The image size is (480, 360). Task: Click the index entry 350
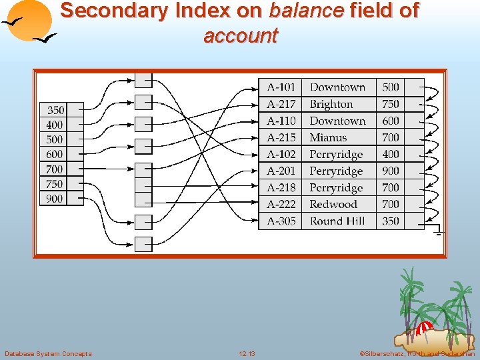point(55,110)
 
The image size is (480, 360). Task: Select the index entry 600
point(55,155)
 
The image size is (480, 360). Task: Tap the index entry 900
point(55,199)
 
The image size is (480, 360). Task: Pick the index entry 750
point(55,184)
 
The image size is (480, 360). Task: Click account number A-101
point(281,87)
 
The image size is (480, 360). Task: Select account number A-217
point(281,104)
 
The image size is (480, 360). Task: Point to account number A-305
point(281,221)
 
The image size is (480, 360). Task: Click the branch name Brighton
point(331,104)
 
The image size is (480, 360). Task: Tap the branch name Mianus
point(328,137)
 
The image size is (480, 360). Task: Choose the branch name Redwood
point(333,205)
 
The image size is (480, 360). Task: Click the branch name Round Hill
point(337,221)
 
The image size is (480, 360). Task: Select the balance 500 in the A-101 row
point(391,87)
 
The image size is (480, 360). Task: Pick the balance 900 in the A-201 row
point(391,171)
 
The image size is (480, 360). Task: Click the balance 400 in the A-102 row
point(391,154)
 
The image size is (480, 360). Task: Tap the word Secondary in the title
point(113,11)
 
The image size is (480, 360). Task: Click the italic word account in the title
point(240,35)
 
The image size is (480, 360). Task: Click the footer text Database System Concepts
point(48,353)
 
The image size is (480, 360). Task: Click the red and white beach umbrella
point(423,327)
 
